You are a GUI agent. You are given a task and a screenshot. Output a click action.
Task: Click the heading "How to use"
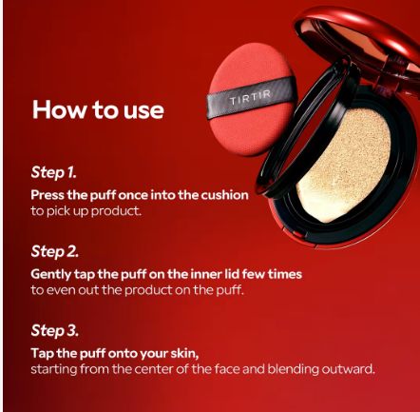click(98, 109)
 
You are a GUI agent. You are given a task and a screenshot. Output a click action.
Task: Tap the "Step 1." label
click(54, 172)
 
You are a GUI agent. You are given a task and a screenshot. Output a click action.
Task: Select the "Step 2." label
click(55, 251)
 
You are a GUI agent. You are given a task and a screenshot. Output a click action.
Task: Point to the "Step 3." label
click(55, 330)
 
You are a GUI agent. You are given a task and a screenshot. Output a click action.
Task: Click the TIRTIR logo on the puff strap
click(250, 97)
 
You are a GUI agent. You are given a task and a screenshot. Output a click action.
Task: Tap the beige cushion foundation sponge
click(344, 165)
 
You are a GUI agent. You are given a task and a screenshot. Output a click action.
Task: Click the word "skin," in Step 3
click(184, 353)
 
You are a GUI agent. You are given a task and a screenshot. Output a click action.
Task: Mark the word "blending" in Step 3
click(293, 370)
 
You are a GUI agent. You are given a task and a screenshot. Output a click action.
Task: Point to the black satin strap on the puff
click(251, 97)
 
